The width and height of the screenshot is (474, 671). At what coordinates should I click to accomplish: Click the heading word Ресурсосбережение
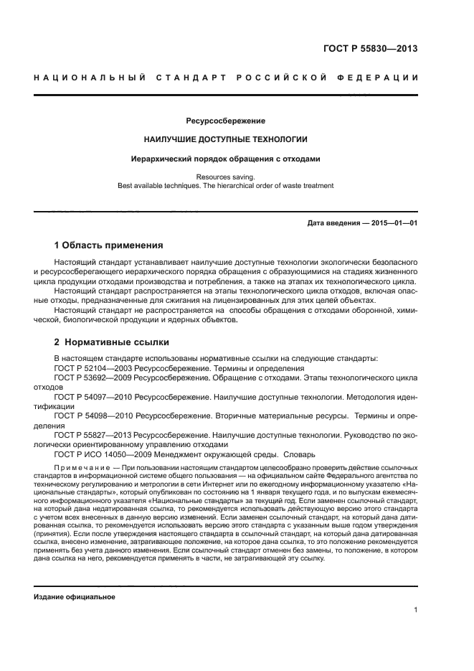coord(226,121)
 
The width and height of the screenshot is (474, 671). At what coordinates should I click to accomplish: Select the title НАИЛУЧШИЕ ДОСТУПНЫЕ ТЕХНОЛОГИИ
coord(226,139)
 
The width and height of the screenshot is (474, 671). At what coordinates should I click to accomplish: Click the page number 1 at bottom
coord(416,611)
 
